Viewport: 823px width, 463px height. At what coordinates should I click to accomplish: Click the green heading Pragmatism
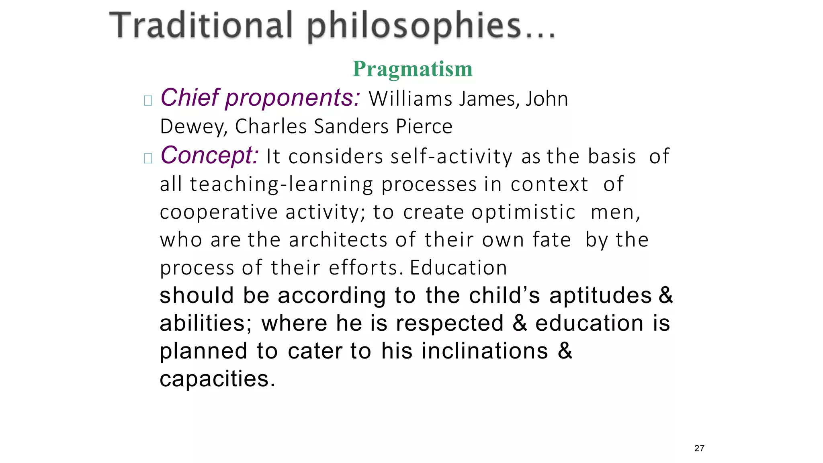coord(412,69)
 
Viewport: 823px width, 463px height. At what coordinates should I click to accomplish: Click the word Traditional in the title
coord(201,26)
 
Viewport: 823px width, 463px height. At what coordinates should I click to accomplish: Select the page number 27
coord(699,448)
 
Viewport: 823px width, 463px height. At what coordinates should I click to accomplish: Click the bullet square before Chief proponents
coord(148,100)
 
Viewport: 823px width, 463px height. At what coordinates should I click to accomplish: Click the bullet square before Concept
coord(148,158)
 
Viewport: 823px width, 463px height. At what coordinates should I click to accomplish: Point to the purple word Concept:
coord(209,155)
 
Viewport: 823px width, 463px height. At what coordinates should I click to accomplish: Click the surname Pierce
coord(424,126)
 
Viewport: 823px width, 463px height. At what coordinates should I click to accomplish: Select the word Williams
coord(410,99)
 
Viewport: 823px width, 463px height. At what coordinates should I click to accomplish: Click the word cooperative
coord(219,212)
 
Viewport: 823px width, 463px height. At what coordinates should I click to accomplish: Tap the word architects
coord(338,240)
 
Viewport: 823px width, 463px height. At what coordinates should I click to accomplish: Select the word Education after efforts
coord(459,268)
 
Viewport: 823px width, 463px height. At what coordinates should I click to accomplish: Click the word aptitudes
coord(600,295)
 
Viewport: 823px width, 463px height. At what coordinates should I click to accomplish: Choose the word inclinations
coord(485,351)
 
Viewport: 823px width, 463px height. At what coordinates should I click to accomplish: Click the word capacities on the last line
coord(214,379)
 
